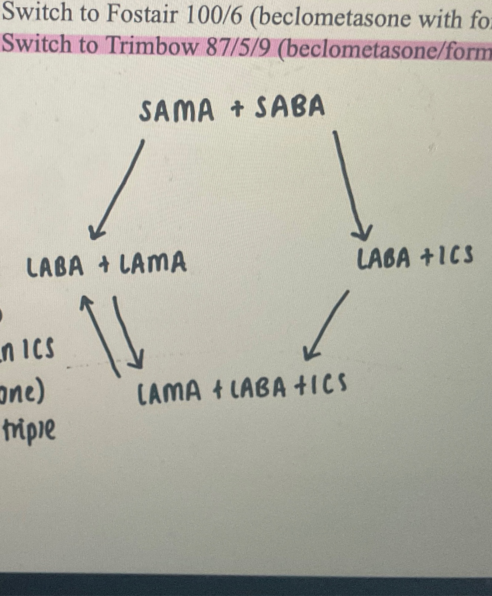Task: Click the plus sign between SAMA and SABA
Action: (x=238, y=109)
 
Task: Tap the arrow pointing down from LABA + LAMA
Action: (x=128, y=332)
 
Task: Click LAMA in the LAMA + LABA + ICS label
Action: (x=169, y=392)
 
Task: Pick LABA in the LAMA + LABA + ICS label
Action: (x=258, y=389)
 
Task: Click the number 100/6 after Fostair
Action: (x=214, y=15)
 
